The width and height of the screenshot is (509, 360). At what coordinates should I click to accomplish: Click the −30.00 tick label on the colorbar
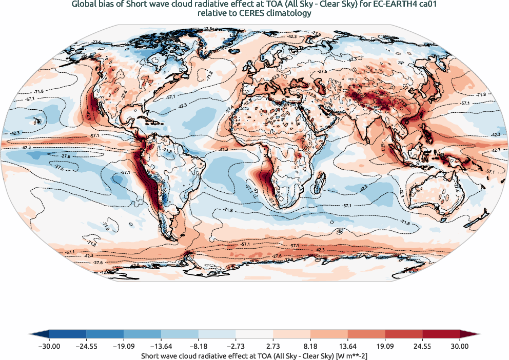click(x=49, y=347)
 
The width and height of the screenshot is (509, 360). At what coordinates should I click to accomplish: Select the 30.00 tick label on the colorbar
click(x=460, y=347)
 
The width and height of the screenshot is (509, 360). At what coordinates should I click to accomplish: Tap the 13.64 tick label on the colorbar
click(x=348, y=347)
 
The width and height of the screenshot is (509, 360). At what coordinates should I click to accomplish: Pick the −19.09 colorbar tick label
click(x=124, y=347)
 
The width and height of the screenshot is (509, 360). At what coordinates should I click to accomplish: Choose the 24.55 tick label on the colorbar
click(x=422, y=347)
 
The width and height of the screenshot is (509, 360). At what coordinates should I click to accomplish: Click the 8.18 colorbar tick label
click(x=310, y=347)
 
